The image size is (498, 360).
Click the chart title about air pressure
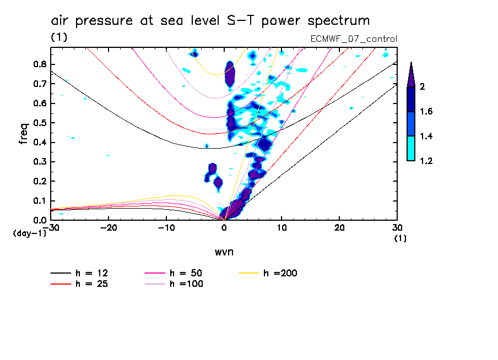(x=210, y=21)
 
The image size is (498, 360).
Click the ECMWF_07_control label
(x=354, y=39)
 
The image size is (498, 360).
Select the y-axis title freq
(x=24, y=134)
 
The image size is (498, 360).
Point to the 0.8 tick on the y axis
(x=39, y=64)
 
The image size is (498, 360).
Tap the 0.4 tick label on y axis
(x=39, y=142)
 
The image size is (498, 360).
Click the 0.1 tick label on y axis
(x=39, y=201)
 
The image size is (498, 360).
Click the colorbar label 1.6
(x=426, y=112)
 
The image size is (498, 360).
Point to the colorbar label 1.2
(x=426, y=161)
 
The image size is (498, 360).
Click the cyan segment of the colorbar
(x=411, y=149)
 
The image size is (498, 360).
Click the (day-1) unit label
(x=29, y=233)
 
